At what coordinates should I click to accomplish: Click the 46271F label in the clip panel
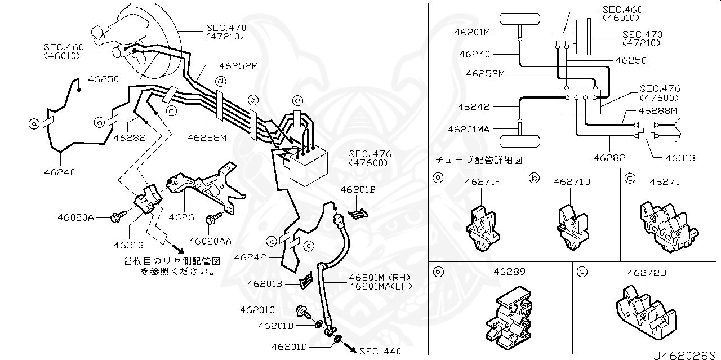coord(483,181)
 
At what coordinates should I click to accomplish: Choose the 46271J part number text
coord(571,181)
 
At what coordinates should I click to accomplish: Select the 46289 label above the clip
coord(510,272)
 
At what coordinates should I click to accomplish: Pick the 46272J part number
coord(647,273)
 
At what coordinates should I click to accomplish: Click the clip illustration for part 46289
coord(509,321)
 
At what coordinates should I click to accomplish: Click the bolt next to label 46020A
coord(118,216)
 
